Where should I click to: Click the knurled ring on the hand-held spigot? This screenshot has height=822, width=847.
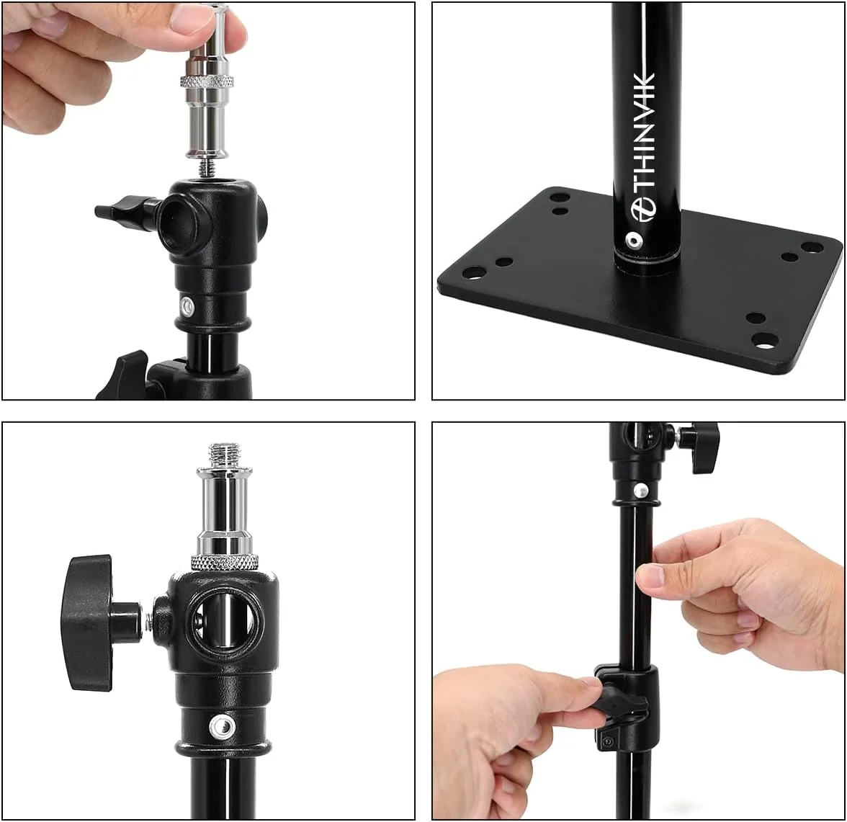click(x=207, y=82)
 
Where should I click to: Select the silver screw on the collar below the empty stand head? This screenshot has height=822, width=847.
click(x=188, y=307)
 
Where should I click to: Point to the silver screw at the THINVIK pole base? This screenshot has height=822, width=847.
click(x=632, y=239)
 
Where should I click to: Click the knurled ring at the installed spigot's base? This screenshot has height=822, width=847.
click(x=223, y=562)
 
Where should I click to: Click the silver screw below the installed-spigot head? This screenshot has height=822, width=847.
click(x=221, y=726)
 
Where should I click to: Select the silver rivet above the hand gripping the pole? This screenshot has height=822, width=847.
click(x=640, y=490)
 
